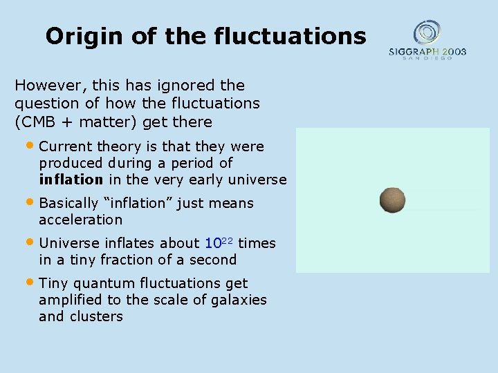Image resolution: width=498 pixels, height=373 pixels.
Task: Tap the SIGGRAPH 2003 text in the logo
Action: point(427,51)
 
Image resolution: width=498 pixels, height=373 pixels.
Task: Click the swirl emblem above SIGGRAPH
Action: point(427,31)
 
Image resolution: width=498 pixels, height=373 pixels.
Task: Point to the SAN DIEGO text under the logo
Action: point(427,58)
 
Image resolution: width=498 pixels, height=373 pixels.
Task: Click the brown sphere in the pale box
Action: point(392,200)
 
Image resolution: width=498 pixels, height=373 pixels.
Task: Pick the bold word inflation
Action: point(71,180)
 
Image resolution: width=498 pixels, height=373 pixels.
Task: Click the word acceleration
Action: point(80,220)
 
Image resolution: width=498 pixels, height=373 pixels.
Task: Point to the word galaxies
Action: point(237,300)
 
